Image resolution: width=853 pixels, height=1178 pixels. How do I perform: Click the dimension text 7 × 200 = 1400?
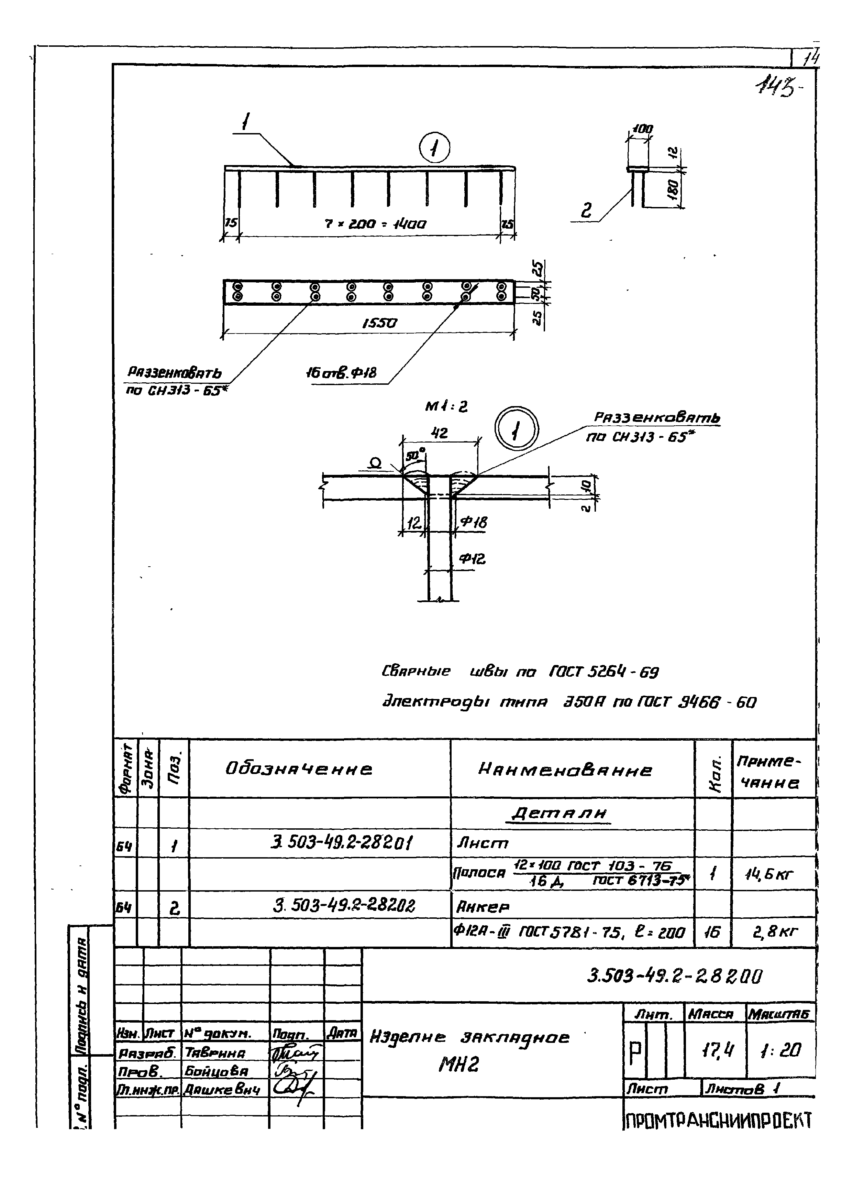coord(375,225)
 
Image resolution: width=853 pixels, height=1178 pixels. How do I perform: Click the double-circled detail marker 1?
coord(517,430)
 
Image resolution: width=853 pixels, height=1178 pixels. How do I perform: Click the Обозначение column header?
coord(299,769)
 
